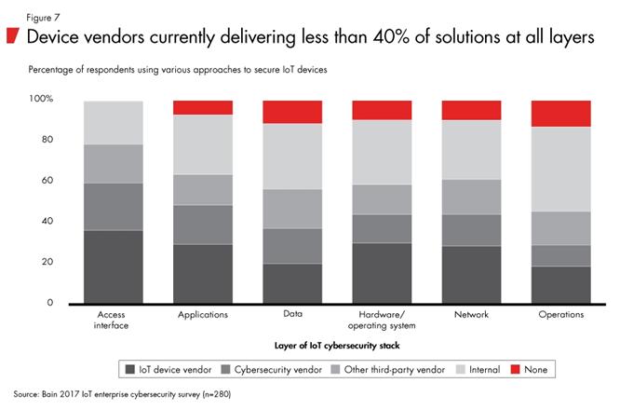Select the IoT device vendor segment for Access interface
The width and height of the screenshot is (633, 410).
113,266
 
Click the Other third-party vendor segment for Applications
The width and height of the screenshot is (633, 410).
202,189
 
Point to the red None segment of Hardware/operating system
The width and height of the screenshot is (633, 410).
382,110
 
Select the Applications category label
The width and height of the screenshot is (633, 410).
202,315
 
